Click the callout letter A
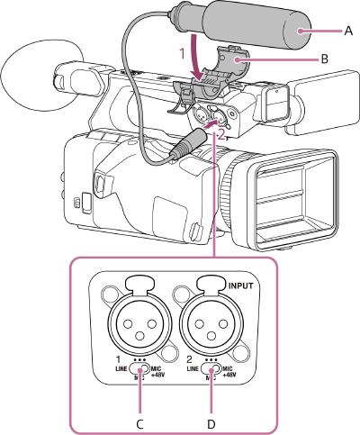(348, 30)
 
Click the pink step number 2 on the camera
(221, 131)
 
